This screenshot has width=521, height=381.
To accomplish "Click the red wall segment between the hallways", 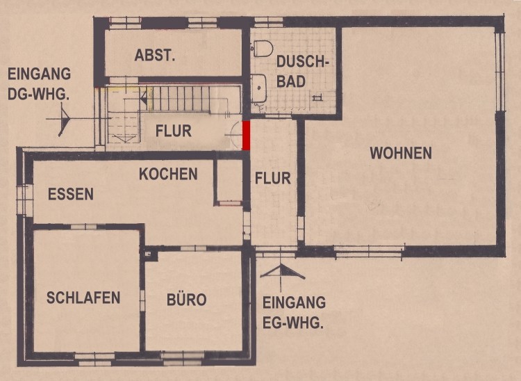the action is [x=246, y=136].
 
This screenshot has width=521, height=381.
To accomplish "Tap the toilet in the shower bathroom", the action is [x=263, y=48].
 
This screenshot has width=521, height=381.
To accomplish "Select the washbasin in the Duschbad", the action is [x=258, y=88].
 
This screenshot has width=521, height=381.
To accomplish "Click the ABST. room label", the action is [x=154, y=56].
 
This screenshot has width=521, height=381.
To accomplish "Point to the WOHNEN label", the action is [x=401, y=153].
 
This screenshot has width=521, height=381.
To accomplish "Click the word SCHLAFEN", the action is [x=83, y=298].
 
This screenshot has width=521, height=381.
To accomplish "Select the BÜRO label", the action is [x=186, y=300].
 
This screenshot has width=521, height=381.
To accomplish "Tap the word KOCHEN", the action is [x=168, y=175].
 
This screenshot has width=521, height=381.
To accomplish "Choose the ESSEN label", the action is [x=71, y=194].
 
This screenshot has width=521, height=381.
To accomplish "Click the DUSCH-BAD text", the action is [x=302, y=72].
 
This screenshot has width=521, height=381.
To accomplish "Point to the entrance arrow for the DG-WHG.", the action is [x=63, y=119].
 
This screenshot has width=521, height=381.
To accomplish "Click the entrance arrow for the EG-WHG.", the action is [x=282, y=271].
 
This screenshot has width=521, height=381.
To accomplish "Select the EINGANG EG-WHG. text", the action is [x=294, y=312].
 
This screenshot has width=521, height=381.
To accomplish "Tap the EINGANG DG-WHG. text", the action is [x=39, y=84].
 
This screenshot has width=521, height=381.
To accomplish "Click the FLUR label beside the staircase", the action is [x=174, y=131].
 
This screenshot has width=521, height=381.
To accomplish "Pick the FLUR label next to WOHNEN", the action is [x=273, y=178].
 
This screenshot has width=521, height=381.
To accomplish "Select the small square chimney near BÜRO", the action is [x=149, y=254].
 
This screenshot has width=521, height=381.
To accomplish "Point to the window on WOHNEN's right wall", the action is [x=499, y=72].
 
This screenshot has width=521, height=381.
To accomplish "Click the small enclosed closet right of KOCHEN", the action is [x=229, y=182].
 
